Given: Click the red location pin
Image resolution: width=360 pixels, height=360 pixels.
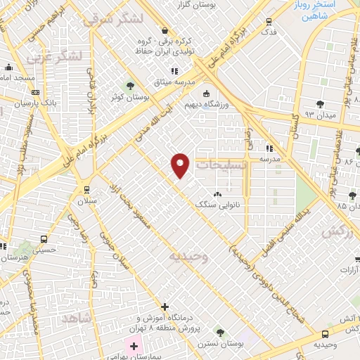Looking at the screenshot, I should pyautogui.click(x=181, y=165).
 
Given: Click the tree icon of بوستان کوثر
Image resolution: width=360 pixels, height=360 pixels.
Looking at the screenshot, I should pyautogui.click(x=129, y=86).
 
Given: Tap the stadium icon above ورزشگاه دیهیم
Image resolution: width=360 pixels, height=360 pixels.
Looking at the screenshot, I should pyautogui.click(x=206, y=94).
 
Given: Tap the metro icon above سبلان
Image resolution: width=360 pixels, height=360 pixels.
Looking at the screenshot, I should pyautogui.click(x=86, y=190).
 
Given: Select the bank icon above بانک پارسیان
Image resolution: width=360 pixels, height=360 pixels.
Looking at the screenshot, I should pyautogui.click(x=36, y=92).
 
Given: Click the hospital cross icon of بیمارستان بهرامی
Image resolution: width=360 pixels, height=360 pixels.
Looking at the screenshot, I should pyautogui.click(x=133, y=346).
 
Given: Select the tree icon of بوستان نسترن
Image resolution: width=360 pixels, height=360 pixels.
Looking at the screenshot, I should pyautogui.click(x=219, y=331).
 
